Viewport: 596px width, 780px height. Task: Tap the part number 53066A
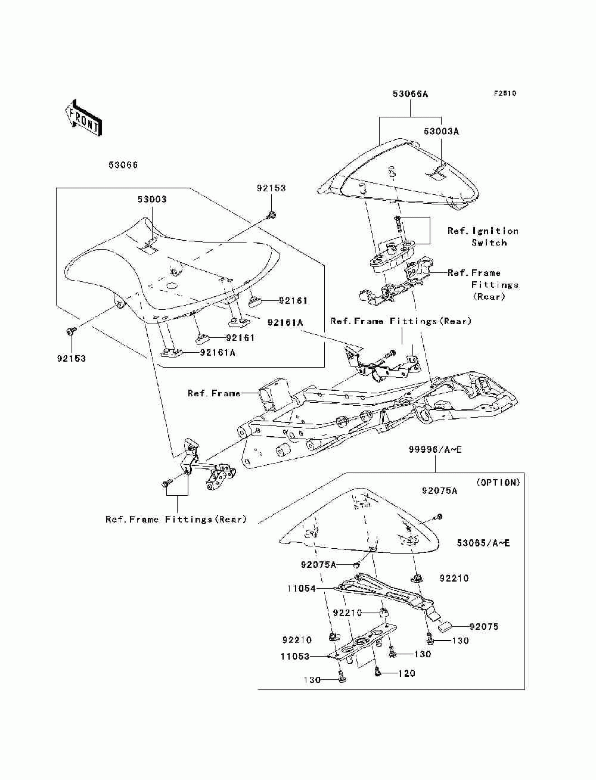[x=410, y=94]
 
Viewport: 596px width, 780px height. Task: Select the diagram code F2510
[x=505, y=94]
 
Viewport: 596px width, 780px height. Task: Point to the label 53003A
[x=441, y=132]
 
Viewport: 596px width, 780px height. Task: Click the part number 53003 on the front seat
[x=152, y=200]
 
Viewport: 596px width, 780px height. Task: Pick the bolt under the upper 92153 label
[x=272, y=215]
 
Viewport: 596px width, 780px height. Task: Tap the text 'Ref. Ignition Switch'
[x=483, y=237]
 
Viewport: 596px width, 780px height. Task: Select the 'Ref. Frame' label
[x=214, y=393]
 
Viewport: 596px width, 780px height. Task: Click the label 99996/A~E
[x=435, y=449]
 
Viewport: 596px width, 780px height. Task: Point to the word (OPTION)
[x=498, y=482]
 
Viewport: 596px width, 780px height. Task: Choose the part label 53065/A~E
[x=483, y=543]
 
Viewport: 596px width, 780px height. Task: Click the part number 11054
[x=302, y=589]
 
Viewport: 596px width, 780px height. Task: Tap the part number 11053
[x=295, y=656]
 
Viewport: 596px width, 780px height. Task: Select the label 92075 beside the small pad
[x=484, y=626]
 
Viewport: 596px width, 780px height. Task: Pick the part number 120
[x=406, y=673]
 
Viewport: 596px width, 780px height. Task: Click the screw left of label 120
[x=377, y=672]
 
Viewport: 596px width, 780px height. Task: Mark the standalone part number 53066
[x=123, y=165]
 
